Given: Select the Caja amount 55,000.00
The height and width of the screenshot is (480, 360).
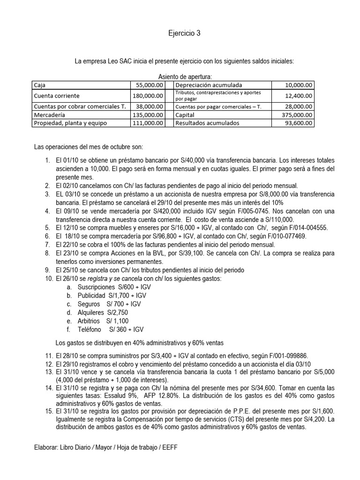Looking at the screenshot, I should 149,85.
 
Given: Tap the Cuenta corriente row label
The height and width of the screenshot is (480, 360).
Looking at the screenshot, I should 56,96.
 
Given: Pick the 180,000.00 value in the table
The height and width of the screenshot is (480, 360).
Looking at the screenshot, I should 147,96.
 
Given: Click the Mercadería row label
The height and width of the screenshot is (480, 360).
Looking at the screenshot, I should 49,114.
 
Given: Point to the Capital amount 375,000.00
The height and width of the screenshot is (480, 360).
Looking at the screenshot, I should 295,114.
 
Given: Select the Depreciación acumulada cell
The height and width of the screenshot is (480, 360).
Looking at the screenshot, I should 209,85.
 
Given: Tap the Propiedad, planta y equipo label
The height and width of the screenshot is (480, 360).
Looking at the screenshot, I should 70,123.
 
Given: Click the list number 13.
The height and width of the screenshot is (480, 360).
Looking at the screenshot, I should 48,372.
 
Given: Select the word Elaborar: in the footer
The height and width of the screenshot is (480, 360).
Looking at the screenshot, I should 46,448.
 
